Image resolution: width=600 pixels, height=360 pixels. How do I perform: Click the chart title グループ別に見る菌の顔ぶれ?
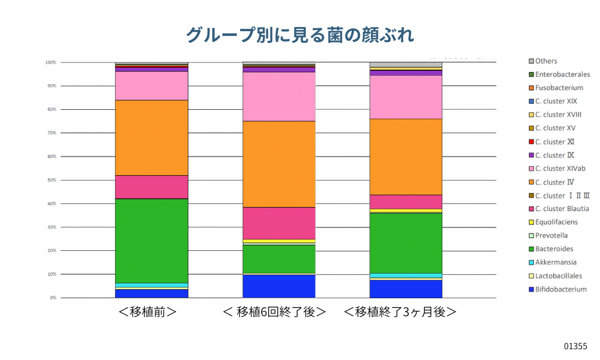click(x=299, y=34)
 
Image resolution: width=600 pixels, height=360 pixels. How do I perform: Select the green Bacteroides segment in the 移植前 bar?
click(x=152, y=241)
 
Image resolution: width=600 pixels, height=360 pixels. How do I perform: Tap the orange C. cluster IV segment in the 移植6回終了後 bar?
click(x=279, y=164)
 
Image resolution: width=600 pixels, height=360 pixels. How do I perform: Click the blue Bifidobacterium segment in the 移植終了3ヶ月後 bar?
click(x=406, y=289)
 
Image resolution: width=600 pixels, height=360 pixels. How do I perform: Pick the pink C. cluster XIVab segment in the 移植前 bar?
click(x=152, y=86)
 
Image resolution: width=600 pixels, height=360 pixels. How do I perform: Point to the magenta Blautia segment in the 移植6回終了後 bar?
click(x=279, y=223)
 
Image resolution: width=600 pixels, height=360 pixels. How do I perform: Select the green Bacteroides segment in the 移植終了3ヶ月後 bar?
click(x=406, y=243)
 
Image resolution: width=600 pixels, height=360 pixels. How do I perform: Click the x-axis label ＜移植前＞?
click(x=148, y=313)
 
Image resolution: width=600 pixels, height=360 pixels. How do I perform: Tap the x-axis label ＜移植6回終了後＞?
click(x=274, y=313)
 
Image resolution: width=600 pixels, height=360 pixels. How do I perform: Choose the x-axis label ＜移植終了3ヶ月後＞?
click(x=400, y=313)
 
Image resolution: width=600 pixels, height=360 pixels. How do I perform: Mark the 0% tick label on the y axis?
click(x=52, y=298)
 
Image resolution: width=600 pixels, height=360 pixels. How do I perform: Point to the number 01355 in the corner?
click(x=575, y=346)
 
